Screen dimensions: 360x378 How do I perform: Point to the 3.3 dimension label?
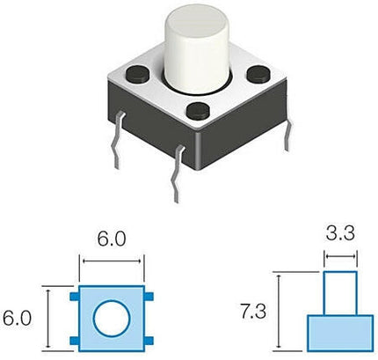pyautogui.click(x=339, y=235)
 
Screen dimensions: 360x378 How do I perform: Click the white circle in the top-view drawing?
pyautogui.click(x=111, y=318)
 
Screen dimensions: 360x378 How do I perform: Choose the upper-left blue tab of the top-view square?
pyautogui.click(x=75, y=297)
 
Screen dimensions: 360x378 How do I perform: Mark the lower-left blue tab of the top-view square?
pyautogui.click(x=75, y=338)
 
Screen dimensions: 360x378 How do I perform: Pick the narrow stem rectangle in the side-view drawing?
pyautogui.click(x=340, y=294)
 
